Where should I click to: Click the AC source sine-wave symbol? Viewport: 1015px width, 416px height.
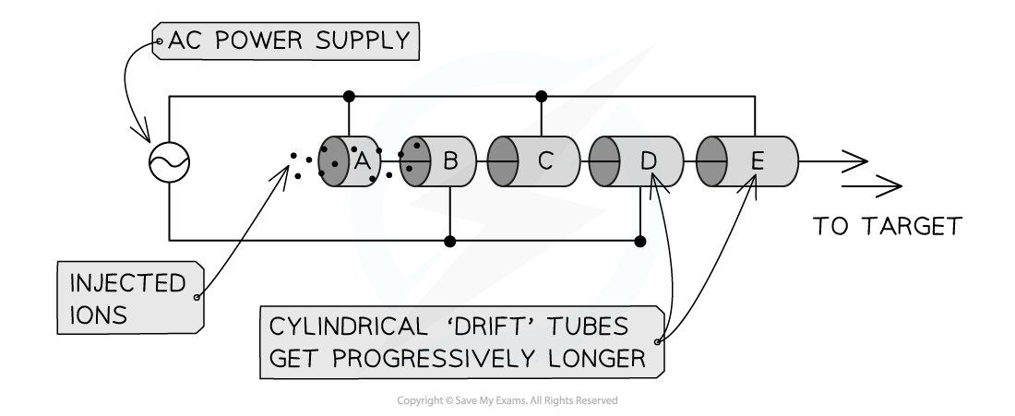pos(170,163)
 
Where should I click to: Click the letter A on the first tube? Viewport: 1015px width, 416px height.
pos(362,161)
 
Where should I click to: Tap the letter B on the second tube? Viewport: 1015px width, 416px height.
pos(450,161)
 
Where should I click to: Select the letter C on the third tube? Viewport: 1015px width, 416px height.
pos(544,161)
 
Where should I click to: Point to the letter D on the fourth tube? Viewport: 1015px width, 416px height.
pos(649,161)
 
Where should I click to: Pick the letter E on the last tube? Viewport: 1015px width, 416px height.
pos(757,162)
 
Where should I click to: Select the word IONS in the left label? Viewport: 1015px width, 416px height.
pos(99,315)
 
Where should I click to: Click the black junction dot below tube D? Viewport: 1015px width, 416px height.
pos(640,242)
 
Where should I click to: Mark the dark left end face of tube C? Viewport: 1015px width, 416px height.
pos(501,162)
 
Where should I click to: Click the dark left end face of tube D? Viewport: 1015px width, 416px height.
pos(603,162)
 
